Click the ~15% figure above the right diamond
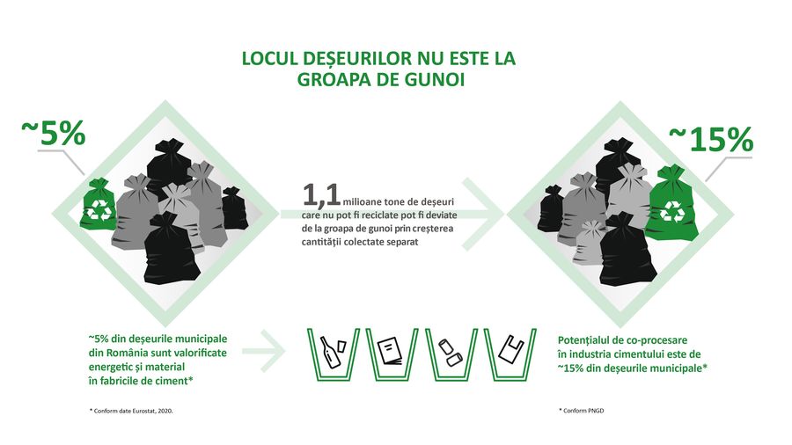tap(711, 139)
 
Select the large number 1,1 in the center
tap(322, 194)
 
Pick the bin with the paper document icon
tap(390, 354)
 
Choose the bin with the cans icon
tap(451, 354)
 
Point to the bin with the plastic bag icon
tap(511, 354)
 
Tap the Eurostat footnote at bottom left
tap(136, 411)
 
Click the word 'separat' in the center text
tap(394, 243)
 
